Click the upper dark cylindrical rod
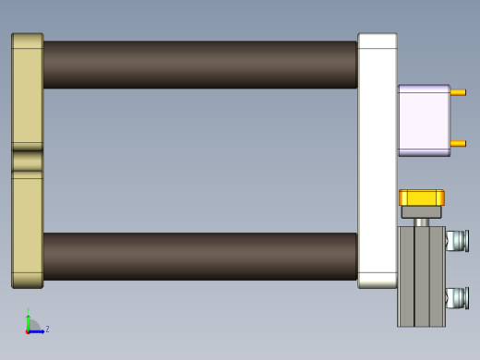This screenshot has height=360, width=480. click(x=198, y=65)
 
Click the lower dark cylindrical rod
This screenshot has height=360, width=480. click(x=198, y=256)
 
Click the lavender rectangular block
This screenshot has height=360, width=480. click(x=423, y=120)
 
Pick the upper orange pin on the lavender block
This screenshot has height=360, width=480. click(x=458, y=92)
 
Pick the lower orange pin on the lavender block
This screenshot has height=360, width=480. click(x=458, y=143)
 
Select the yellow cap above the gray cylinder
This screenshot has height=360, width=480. click(x=421, y=198)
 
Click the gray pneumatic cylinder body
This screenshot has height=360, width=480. click(x=421, y=277)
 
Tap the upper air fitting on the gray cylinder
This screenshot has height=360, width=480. click(x=457, y=241)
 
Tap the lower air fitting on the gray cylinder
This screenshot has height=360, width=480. click(x=457, y=297)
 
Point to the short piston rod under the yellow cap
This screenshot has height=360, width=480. click(x=422, y=222)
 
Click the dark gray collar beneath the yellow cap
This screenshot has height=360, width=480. click(x=421, y=212)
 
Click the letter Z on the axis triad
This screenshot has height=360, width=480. click(x=47, y=329)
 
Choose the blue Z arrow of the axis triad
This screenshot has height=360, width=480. click(x=38, y=330)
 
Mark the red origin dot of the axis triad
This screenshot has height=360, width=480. click(x=29, y=330)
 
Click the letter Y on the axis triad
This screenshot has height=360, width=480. click(x=28, y=311)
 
